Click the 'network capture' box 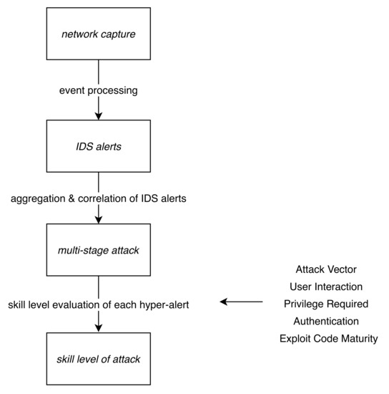[99, 34]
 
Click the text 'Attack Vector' [328, 269]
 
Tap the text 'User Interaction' [328, 287]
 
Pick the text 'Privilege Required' [328, 304]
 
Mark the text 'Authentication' [328, 321]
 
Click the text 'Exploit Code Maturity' [328, 338]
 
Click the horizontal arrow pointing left [242, 302]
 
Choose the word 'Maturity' [357, 338]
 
